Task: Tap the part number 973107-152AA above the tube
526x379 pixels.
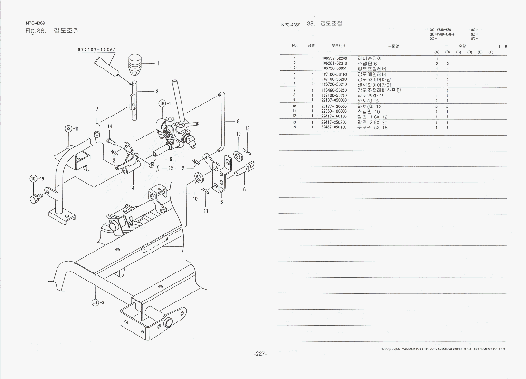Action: (97, 49)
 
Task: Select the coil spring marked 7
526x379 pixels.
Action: (98, 132)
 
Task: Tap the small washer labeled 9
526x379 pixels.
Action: (152, 165)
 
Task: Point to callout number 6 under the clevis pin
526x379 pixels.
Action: (244, 189)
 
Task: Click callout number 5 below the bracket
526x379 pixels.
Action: (221, 202)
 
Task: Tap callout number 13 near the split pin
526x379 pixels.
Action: (247, 129)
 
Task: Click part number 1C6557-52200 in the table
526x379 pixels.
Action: (334, 58)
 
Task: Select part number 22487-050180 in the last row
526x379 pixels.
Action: (334, 127)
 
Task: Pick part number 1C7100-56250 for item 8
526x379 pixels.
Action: (334, 95)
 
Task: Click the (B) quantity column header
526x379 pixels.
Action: (447, 51)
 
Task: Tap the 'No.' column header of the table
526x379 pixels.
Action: (295, 46)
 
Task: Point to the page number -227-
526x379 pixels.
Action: (261, 354)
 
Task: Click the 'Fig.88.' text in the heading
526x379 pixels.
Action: (35, 31)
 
